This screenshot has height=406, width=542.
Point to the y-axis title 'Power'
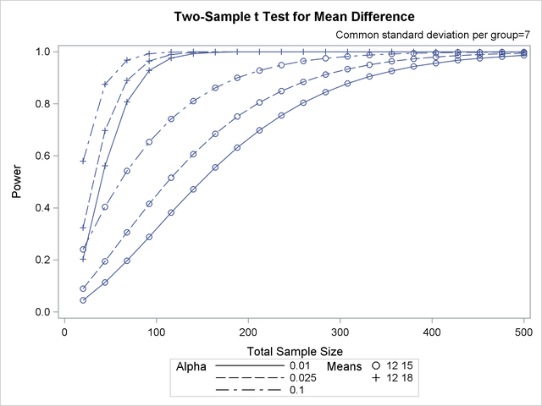[17, 182]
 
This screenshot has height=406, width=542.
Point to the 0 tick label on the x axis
[64, 331]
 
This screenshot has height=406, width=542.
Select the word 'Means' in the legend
[343, 367]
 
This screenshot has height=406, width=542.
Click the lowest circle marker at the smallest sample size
[83, 300]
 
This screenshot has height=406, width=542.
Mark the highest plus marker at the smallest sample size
[83, 161]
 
